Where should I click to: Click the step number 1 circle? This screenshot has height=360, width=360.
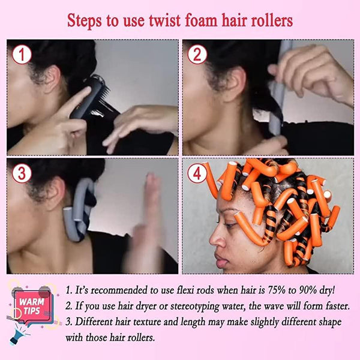(x=22, y=55)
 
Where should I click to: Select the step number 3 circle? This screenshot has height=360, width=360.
(x=22, y=174)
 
